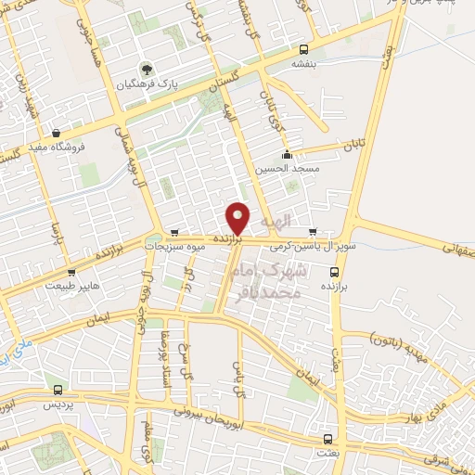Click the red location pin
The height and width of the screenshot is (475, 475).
238,218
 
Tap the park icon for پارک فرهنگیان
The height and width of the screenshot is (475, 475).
145,69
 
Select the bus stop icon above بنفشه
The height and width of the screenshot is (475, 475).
305,50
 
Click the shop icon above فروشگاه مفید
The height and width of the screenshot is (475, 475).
58,133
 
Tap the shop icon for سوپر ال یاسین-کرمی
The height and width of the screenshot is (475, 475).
312,232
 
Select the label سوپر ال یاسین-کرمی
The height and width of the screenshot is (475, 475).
301,247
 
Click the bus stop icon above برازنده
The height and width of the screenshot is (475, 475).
335,272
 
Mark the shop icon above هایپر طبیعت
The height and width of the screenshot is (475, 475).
71,273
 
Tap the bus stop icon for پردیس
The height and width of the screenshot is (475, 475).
58,391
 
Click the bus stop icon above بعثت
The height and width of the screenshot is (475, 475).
326,438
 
